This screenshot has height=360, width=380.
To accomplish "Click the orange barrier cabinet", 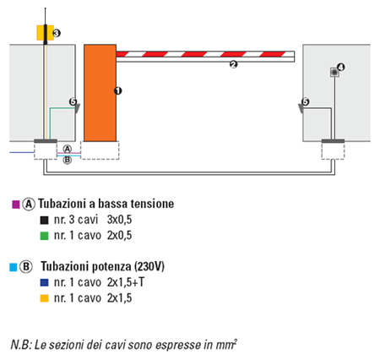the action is click(x=100, y=93).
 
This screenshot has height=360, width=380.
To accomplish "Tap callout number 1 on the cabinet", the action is click(x=118, y=90).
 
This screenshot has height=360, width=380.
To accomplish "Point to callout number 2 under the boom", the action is click(x=233, y=65).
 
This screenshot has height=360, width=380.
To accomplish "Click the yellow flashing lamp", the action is click(x=45, y=33).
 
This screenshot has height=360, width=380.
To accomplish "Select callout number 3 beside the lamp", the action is click(x=57, y=33).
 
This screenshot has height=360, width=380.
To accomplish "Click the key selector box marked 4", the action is click(x=334, y=73).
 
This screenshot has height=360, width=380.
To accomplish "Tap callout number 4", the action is click(x=341, y=68).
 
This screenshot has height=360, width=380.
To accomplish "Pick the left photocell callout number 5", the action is click(x=73, y=101).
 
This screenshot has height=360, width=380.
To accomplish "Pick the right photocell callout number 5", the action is click(x=305, y=101).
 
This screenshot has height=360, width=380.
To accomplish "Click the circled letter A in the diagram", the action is click(x=68, y=149).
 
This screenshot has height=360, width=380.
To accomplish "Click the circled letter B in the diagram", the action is click(x=67, y=160).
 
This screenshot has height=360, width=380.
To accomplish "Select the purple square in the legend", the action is click(x=16, y=205).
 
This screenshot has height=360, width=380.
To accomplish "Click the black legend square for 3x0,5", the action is click(x=44, y=220).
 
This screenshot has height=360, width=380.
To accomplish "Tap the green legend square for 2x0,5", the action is click(x=44, y=236).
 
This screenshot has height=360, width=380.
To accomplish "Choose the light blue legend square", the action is click(x=14, y=267).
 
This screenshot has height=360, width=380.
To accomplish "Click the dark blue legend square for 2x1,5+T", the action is click(x=44, y=282).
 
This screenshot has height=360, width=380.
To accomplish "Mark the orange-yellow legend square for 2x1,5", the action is click(x=44, y=298).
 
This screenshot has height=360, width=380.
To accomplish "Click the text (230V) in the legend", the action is click(x=149, y=266).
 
